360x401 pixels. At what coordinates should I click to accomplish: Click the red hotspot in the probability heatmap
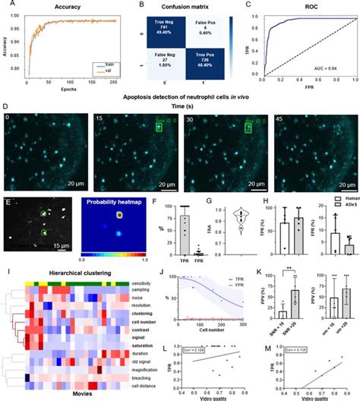pos(119,215)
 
